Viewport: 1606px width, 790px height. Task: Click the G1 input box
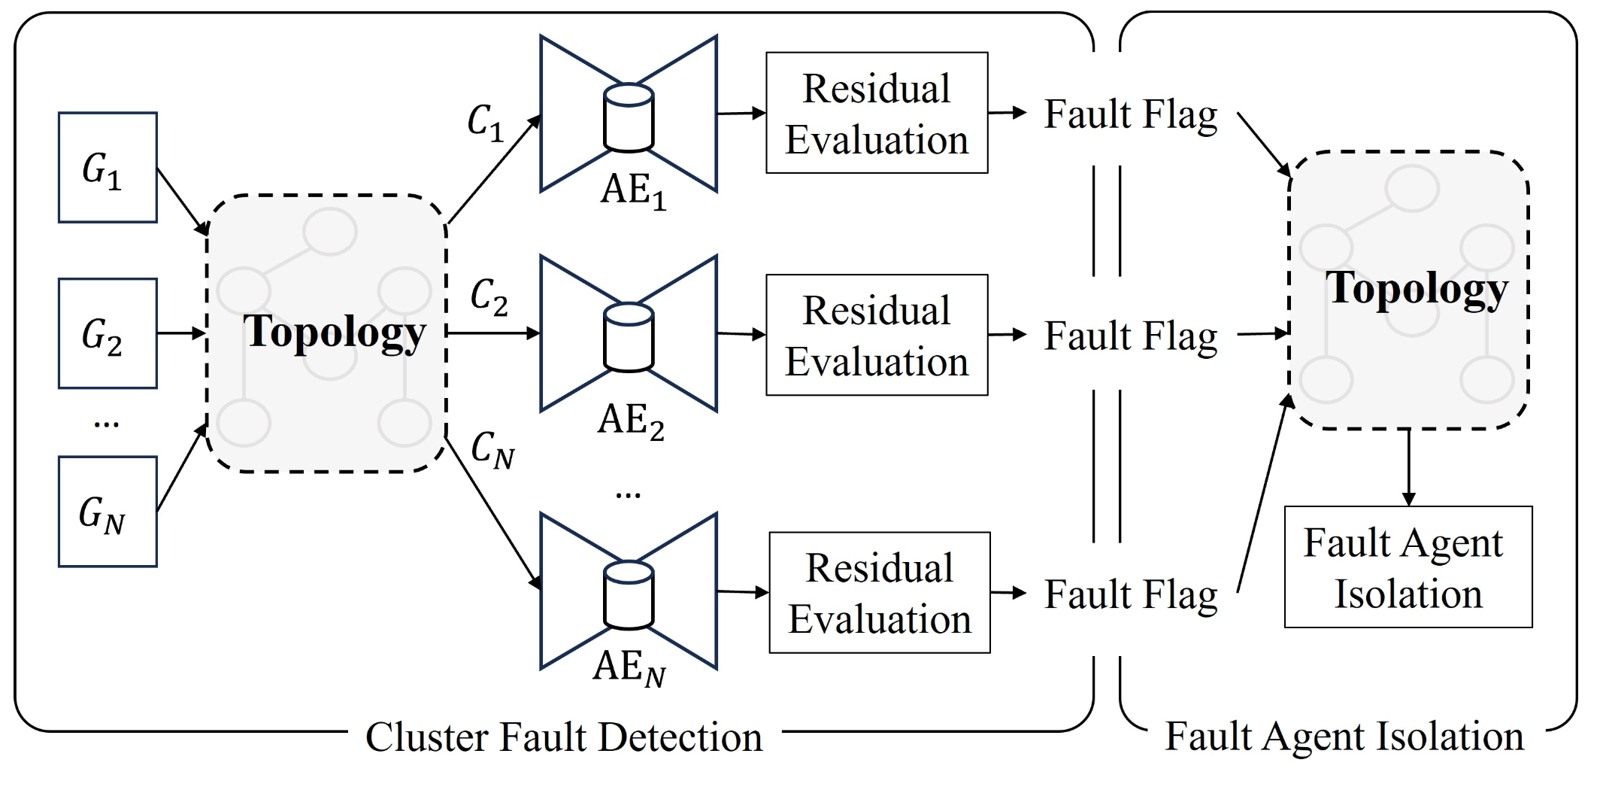click(x=108, y=168)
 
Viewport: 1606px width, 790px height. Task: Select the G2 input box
click(x=108, y=333)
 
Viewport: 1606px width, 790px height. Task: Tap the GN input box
click(x=108, y=512)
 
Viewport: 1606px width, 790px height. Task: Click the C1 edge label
click(x=485, y=123)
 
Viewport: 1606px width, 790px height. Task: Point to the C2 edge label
click(x=489, y=296)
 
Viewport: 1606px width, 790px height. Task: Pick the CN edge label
click(x=492, y=450)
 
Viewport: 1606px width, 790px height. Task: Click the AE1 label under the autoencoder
click(x=632, y=191)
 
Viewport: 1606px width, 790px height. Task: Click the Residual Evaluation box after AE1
click(x=877, y=113)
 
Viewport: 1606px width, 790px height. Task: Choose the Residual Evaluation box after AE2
click(x=877, y=335)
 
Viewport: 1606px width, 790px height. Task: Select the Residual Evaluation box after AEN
click(x=880, y=593)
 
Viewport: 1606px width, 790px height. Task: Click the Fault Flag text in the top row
click(x=1130, y=115)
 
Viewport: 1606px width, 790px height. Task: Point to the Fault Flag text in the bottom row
click(x=1130, y=594)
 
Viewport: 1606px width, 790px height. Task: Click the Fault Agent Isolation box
click(x=1408, y=567)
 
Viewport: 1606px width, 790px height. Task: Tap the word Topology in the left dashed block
click(x=335, y=332)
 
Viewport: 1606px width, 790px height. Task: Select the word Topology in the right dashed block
click(x=1417, y=289)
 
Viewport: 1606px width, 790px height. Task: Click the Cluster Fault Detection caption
click(x=564, y=737)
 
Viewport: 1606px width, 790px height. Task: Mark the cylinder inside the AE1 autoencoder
click(x=629, y=118)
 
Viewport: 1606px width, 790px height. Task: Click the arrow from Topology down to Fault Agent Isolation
click(x=1408, y=466)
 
